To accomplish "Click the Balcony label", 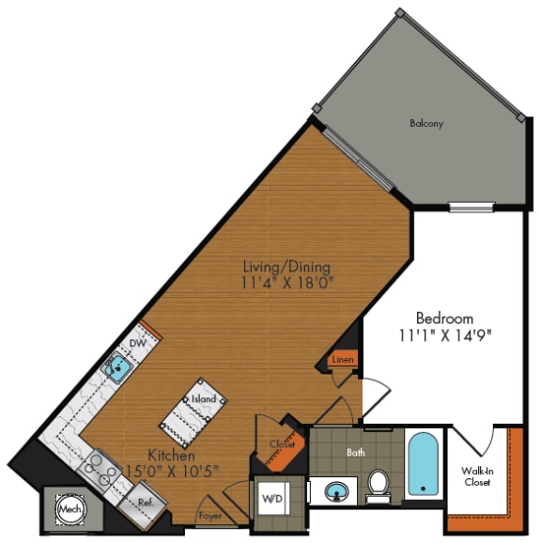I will [x=425, y=123].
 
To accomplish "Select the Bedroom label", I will [x=445, y=318].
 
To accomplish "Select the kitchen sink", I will [x=116, y=367].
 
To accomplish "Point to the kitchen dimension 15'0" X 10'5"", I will [x=173, y=470].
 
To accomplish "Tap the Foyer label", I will [x=209, y=516].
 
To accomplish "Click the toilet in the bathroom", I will [x=379, y=482].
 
